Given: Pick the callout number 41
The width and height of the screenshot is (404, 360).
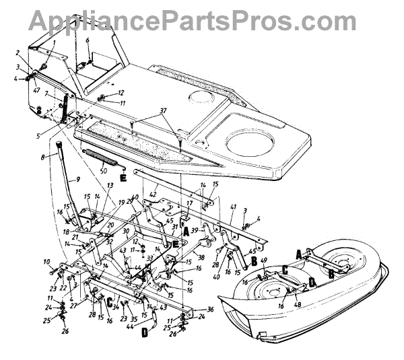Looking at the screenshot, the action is [x=234, y=207].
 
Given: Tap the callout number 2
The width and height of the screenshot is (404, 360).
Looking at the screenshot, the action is [x=18, y=52].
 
